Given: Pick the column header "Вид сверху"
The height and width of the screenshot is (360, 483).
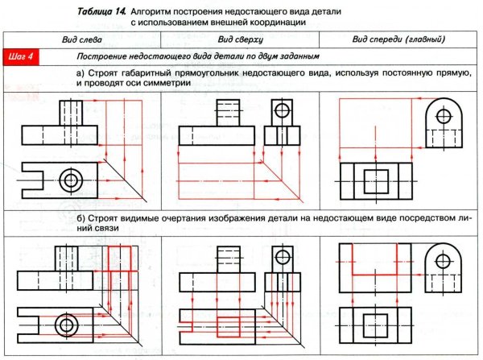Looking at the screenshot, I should [240, 39].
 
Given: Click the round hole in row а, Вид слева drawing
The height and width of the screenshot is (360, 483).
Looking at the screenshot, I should [72, 180].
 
